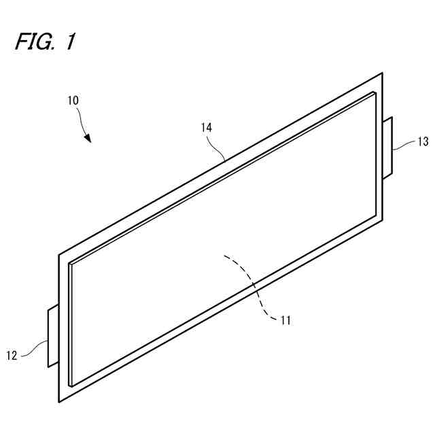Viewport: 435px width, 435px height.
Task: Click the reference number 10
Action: [73, 99]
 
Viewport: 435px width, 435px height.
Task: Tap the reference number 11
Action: [285, 320]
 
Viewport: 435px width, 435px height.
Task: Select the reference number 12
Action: [12, 354]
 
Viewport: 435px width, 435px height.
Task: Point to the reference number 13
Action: [423, 141]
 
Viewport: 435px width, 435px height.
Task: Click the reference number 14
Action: [207, 126]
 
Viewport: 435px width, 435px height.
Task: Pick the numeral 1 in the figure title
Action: [69, 42]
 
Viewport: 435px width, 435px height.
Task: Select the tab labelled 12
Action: [52, 336]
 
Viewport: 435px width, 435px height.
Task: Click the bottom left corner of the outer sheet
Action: [59, 402]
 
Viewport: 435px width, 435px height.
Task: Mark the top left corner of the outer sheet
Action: [59, 255]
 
